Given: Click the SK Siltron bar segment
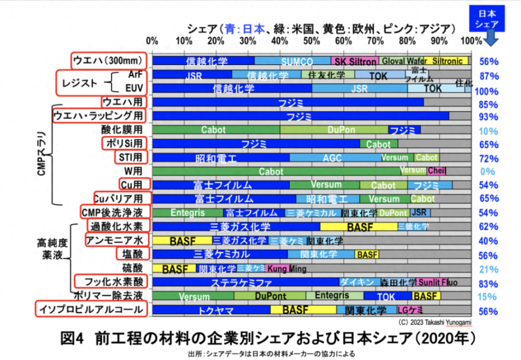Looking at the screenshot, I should click(x=355, y=61).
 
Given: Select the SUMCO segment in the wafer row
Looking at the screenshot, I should click(x=293, y=61).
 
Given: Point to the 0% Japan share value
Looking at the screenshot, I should click(x=488, y=171).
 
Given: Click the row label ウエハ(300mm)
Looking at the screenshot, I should click(x=108, y=61).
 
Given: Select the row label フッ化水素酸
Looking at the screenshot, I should click(x=110, y=281).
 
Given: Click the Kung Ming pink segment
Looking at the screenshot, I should click(x=279, y=268).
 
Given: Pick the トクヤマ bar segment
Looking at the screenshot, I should click(x=211, y=310).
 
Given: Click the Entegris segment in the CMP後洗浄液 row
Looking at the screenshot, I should click(x=187, y=213).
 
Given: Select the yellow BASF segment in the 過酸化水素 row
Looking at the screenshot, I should click(x=359, y=227).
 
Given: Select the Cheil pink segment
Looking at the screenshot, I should click(x=437, y=171).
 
